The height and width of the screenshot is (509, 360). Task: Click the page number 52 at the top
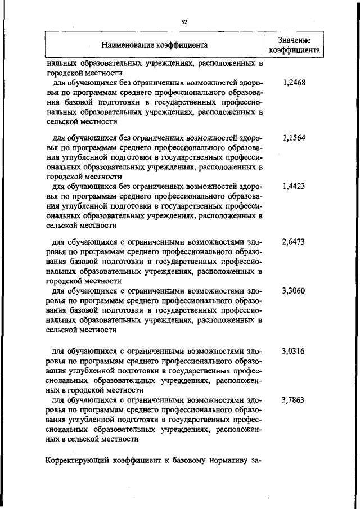[183, 22]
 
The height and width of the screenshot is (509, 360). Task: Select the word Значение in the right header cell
[295, 39]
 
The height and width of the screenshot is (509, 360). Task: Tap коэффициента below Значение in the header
[295, 49]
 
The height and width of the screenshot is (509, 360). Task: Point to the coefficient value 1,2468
[294, 82]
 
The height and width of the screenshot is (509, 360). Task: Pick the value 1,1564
[294, 138]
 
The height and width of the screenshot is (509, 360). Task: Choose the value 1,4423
[294, 186]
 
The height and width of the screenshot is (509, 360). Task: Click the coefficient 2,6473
[294, 242]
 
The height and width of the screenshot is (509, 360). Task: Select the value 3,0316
[294, 351]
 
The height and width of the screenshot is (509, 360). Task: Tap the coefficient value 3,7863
[294, 400]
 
